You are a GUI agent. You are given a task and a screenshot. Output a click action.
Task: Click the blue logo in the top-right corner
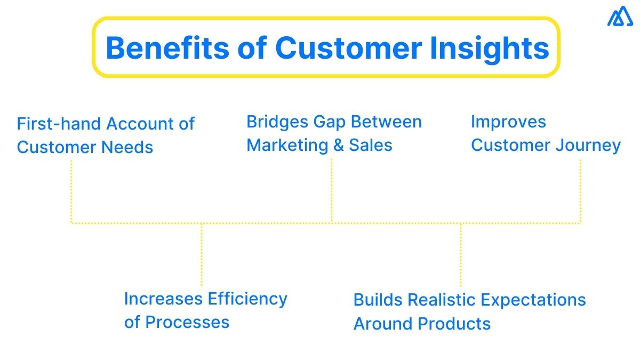click(x=620, y=17)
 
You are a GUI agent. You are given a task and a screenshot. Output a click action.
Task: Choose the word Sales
click(x=371, y=145)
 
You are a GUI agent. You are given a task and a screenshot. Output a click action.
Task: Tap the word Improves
click(x=508, y=122)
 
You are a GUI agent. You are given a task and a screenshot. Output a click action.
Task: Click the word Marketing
click(x=287, y=145)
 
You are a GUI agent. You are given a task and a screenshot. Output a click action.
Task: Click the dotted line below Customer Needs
click(x=71, y=189)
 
